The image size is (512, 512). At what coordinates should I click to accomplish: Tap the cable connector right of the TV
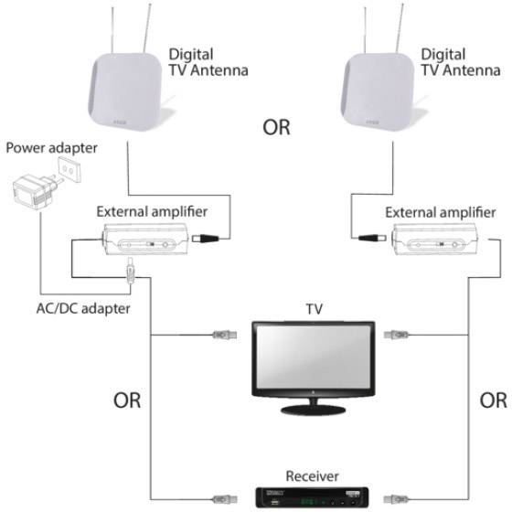(394, 336)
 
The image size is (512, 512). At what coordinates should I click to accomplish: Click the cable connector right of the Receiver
(394, 497)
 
